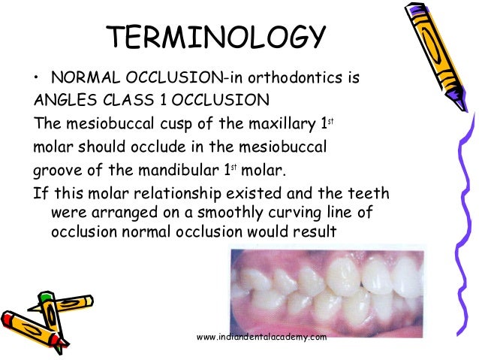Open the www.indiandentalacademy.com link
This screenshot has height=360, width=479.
click(261, 337)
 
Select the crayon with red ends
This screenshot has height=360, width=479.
click(45, 325)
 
